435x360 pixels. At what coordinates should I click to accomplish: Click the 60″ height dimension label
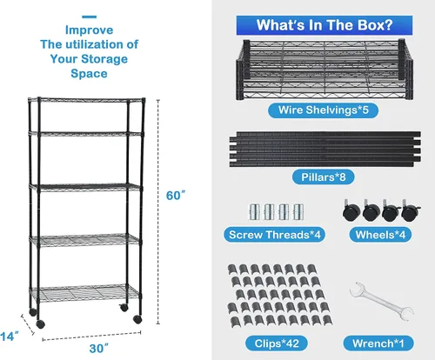coord(176,196)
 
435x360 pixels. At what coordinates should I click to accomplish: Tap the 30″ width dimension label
coord(99,348)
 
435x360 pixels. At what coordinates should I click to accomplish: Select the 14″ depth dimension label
coord(10,337)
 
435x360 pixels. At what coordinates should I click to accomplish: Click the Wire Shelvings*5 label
coord(323,110)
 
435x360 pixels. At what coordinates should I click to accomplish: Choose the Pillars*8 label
coord(324,177)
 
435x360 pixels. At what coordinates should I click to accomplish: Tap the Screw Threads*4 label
coord(274,235)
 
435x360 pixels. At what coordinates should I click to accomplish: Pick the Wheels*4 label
coord(380,235)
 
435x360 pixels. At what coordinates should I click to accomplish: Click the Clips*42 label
coord(277,343)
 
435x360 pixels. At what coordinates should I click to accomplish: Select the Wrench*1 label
coord(378,343)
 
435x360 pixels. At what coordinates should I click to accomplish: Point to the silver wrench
coord(382,302)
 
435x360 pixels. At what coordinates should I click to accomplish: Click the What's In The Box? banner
coord(325,25)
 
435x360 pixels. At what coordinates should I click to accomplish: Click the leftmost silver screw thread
coord(254,212)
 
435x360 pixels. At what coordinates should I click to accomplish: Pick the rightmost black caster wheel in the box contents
coord(411,211)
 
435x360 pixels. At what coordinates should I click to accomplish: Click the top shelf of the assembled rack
coord(86,100)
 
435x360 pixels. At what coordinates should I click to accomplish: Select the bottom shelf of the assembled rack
coord(84,293)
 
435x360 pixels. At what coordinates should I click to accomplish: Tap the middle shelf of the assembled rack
coord(85,188)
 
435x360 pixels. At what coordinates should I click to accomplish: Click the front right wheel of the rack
coord(137,319)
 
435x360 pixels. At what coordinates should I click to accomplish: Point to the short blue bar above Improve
coord(89,17)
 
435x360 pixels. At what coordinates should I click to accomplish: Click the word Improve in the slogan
coord(89,30)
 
